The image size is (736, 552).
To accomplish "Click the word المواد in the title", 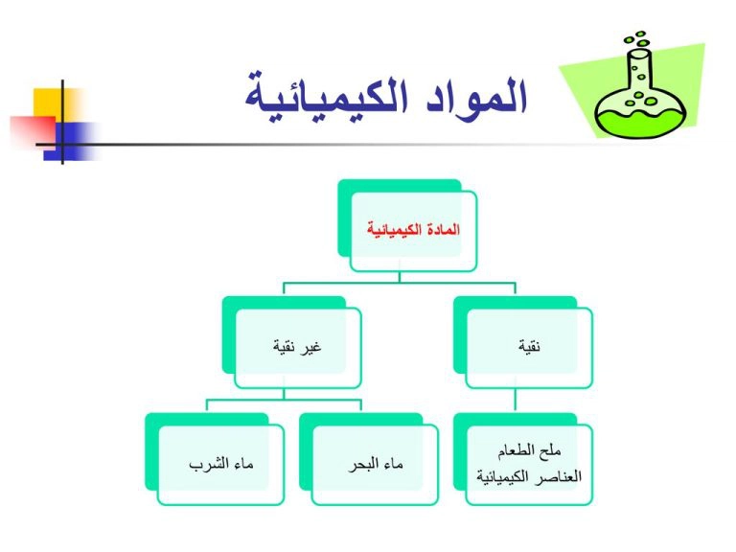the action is point(477,97).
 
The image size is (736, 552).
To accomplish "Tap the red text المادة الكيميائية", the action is point(413,230).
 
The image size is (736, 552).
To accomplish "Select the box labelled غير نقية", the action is point(291,342).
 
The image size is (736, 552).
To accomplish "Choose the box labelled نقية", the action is point(523,342).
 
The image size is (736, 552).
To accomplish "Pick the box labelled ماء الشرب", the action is point(215,459).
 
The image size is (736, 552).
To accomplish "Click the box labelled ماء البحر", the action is point(368,459).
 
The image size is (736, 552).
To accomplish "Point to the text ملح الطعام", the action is point(529,451).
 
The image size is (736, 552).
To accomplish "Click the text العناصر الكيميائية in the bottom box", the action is point(529,477).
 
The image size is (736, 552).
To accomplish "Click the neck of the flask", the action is point(640,70).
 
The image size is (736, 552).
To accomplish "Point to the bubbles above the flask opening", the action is point(637,39).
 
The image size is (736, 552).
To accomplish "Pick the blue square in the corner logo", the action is point(70,141).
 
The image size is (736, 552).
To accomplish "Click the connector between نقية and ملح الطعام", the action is point(516,401).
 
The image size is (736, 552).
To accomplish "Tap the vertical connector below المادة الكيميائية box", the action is point(400,277).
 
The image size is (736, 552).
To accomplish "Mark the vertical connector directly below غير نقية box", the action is point(284,394).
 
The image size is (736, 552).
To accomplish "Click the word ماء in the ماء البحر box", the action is point(392,464).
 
